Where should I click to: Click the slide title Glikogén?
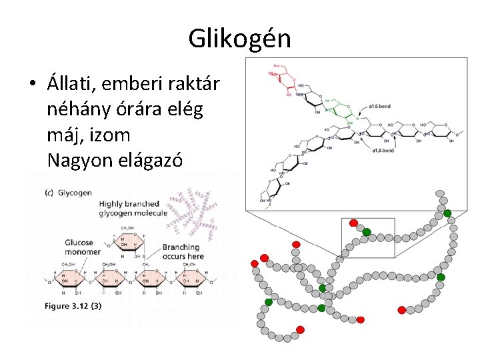pos(239,38)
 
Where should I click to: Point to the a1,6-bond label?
pos(381,106)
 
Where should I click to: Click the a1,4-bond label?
pos(383,151)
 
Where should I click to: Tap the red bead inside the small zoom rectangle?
pos(353,223)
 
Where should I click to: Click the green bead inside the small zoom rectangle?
pos(367,232)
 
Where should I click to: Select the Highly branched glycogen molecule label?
pos(129,208)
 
